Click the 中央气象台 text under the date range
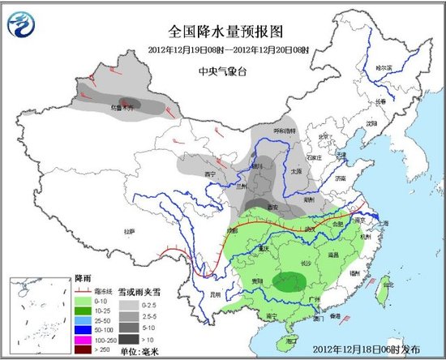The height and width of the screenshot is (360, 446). pyautogui.click(x=223, y=70)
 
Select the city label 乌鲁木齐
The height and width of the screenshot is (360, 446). pyautogui.click(x=121, y=106)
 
